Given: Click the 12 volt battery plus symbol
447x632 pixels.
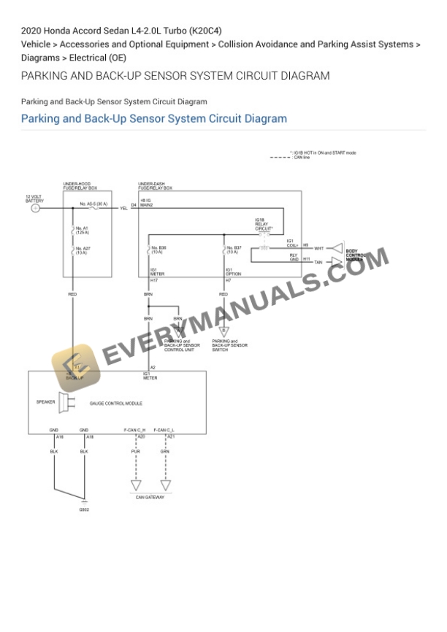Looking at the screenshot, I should (35, 208).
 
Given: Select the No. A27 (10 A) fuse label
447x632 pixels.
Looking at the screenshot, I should (82, 250).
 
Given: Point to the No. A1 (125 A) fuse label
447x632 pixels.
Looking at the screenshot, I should (82, 230).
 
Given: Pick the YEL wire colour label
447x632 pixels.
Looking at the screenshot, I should (124, 209).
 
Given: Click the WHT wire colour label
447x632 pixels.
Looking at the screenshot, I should (318, 249).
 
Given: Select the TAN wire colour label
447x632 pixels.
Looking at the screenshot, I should (318, 262).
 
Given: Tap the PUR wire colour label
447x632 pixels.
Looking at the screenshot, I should (135, 452).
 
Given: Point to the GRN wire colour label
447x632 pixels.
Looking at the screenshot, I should (165, 452).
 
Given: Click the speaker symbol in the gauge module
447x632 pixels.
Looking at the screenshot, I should (63, 402).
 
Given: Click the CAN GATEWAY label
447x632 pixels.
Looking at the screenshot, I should (150, 498).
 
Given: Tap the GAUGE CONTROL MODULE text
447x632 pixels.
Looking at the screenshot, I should (115, 404).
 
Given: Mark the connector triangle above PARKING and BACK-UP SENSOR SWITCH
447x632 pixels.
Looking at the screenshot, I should (223, 331).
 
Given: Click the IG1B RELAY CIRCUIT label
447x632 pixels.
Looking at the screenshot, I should (264, 224).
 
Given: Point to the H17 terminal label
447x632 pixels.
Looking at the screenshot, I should (154, 281).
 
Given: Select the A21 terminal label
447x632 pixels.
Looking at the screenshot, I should (170, 436).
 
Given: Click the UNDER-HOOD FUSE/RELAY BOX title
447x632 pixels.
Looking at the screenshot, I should (81, 186).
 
